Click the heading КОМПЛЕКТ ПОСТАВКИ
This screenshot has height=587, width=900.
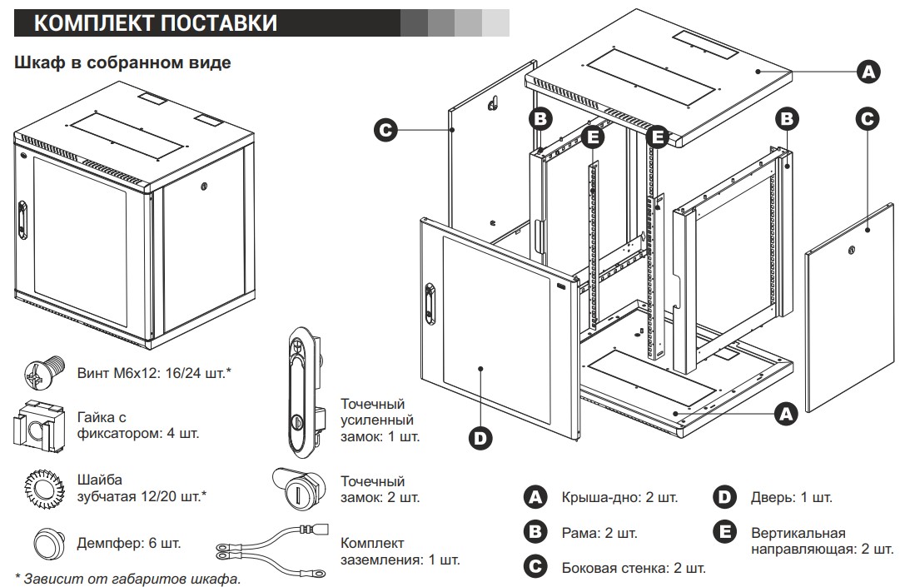click(156, 22)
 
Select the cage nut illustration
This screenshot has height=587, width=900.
click(37, 425)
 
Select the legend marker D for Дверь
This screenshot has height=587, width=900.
click(724, 498)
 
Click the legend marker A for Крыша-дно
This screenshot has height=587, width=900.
click(535, 498)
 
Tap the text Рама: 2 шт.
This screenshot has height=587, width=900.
click(599, 533)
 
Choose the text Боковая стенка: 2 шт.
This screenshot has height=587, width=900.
click(634, 569)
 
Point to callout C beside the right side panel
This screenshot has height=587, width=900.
click(868, 118)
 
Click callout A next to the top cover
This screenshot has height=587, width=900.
click(868, 72)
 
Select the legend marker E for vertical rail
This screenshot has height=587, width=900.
click(724, 532)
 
